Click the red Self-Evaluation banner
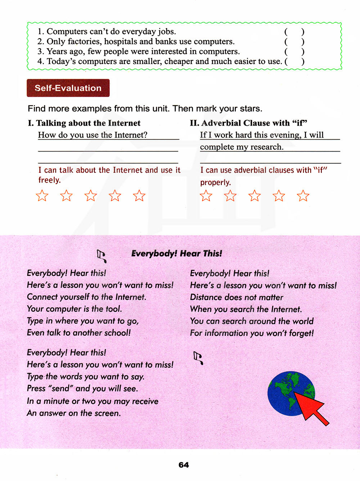point(68,88)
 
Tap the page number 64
point(184,465)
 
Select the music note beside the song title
point(102,256)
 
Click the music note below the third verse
point(198,358)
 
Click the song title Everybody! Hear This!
point(176,253)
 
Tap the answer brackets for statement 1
point(294,32)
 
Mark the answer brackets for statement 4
point(294,61)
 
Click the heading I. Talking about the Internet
point(84,123)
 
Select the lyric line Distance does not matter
point(237,297)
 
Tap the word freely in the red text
point(50,180)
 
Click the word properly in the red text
point(215,183)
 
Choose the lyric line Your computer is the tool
point(74,309)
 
